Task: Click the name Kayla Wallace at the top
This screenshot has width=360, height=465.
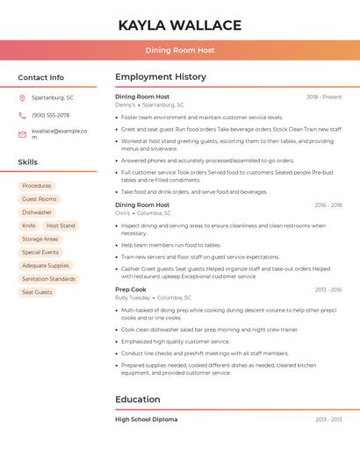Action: (179, 25)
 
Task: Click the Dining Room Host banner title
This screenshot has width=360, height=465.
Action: (179, 50)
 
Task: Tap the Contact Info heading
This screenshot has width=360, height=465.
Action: (41, 77)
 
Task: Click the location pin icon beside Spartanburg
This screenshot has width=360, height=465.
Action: (22, 97)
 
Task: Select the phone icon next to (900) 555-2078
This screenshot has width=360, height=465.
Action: (22, 115)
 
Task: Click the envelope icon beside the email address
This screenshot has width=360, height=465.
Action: (22, 134)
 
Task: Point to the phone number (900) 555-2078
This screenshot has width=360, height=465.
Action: (51, 115)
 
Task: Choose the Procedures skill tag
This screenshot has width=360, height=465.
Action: (37, 186)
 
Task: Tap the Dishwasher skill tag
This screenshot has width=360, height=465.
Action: (37, 212)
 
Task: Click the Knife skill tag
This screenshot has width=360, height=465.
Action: (29, 225)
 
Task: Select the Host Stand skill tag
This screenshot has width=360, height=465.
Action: (61, 225)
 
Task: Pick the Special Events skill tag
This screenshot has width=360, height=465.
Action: (40, 252)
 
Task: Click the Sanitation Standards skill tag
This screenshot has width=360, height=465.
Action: (48, 279)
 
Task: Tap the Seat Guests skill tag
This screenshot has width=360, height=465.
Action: (37, 292)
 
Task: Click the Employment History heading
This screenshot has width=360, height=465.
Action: (160, 77)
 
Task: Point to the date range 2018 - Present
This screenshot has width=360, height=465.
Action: (324, 97)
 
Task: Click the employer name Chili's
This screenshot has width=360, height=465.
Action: (123, 213)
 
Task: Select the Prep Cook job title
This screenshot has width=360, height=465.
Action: (131, 289)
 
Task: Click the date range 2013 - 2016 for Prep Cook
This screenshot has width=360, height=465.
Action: (328, 290)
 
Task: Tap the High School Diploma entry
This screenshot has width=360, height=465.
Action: (146, 419)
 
